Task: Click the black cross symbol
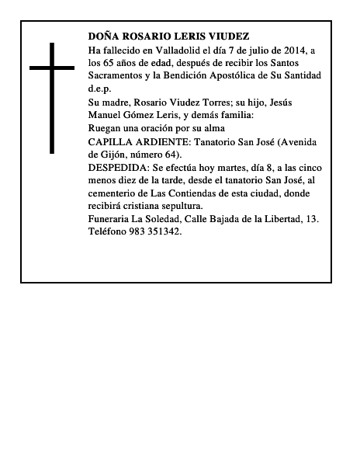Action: tap(53, 96)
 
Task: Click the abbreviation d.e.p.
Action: tap(100, 89)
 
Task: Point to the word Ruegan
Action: tap(106, 128)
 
